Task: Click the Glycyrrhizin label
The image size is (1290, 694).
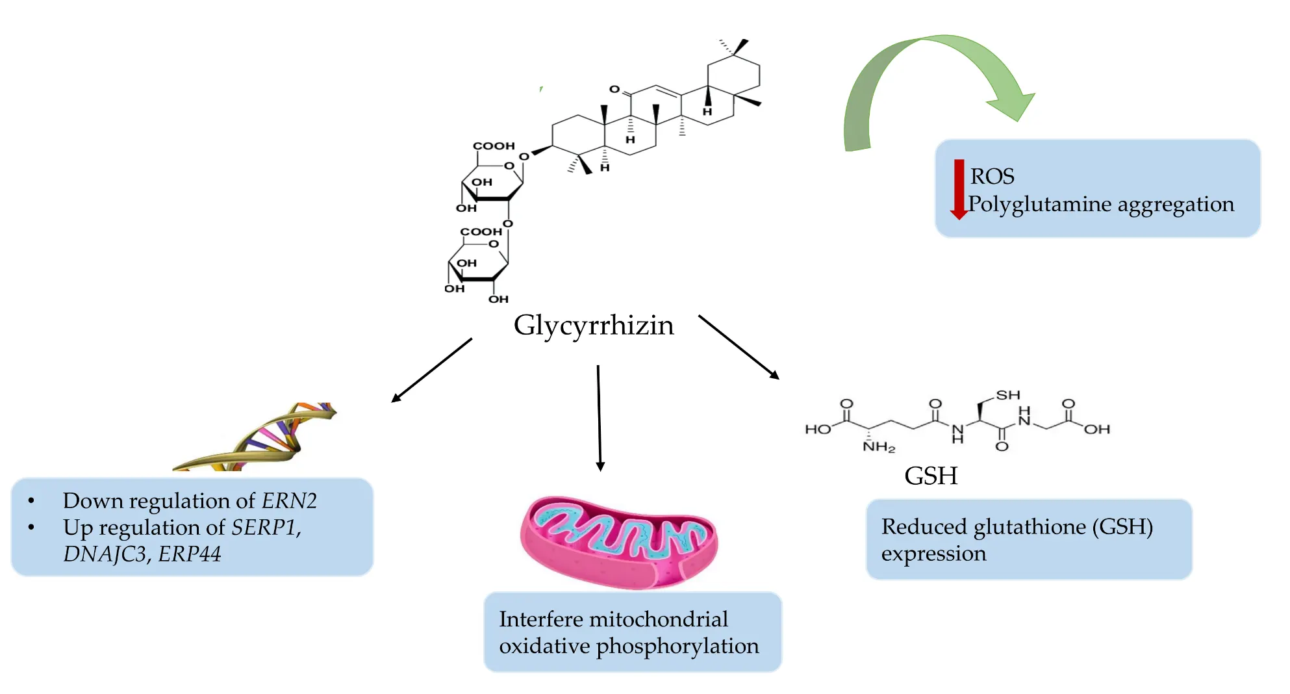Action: click(x=594, y=325)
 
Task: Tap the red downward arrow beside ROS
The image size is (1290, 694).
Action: click(x=959, y=188)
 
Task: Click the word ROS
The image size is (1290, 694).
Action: click(x=992, y=176)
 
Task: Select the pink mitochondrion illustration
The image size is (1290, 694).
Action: click(x=618, y=542)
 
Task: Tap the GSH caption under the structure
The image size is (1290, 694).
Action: click(x=931, y=476)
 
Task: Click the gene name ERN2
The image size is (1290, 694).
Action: click(x=289, y=501)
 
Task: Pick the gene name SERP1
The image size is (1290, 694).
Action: click(x=265, y=527)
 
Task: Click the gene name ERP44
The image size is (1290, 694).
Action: click(x=190, y=554)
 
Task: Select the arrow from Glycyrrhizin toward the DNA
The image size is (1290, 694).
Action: click(x=432, y=370)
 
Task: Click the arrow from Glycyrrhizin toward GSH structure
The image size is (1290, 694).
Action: click(x=739, y=346)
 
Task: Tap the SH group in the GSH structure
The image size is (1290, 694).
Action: click(x=1008, y=395)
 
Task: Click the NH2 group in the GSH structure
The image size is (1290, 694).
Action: click(x=878, y=447)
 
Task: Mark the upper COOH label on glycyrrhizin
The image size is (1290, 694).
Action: click(x=494, y=146)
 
